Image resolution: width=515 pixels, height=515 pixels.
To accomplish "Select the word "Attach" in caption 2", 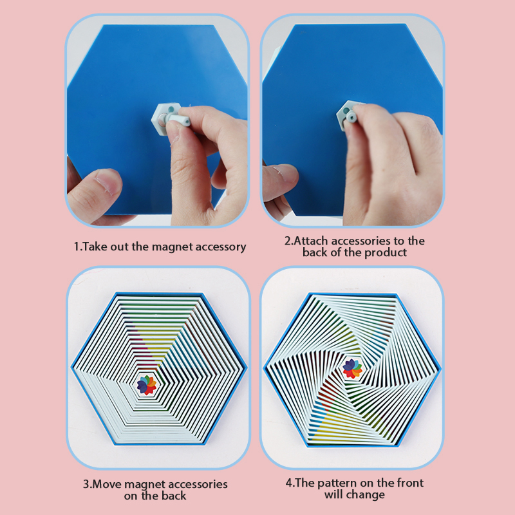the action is [311, 241].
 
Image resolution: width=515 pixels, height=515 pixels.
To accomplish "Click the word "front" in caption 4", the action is [410, 483].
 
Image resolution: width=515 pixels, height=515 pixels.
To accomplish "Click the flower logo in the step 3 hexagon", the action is [147, 384].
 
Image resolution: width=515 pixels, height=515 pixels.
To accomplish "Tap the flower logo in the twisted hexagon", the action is [352, 368].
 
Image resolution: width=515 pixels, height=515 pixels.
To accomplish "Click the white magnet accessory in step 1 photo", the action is [169, 120].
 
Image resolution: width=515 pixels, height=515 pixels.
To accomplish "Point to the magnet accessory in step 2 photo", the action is [349, 115].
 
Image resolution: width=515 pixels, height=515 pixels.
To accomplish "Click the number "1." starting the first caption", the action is [77, 247].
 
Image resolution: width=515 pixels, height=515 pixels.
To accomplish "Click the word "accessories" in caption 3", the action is [198, 484].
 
